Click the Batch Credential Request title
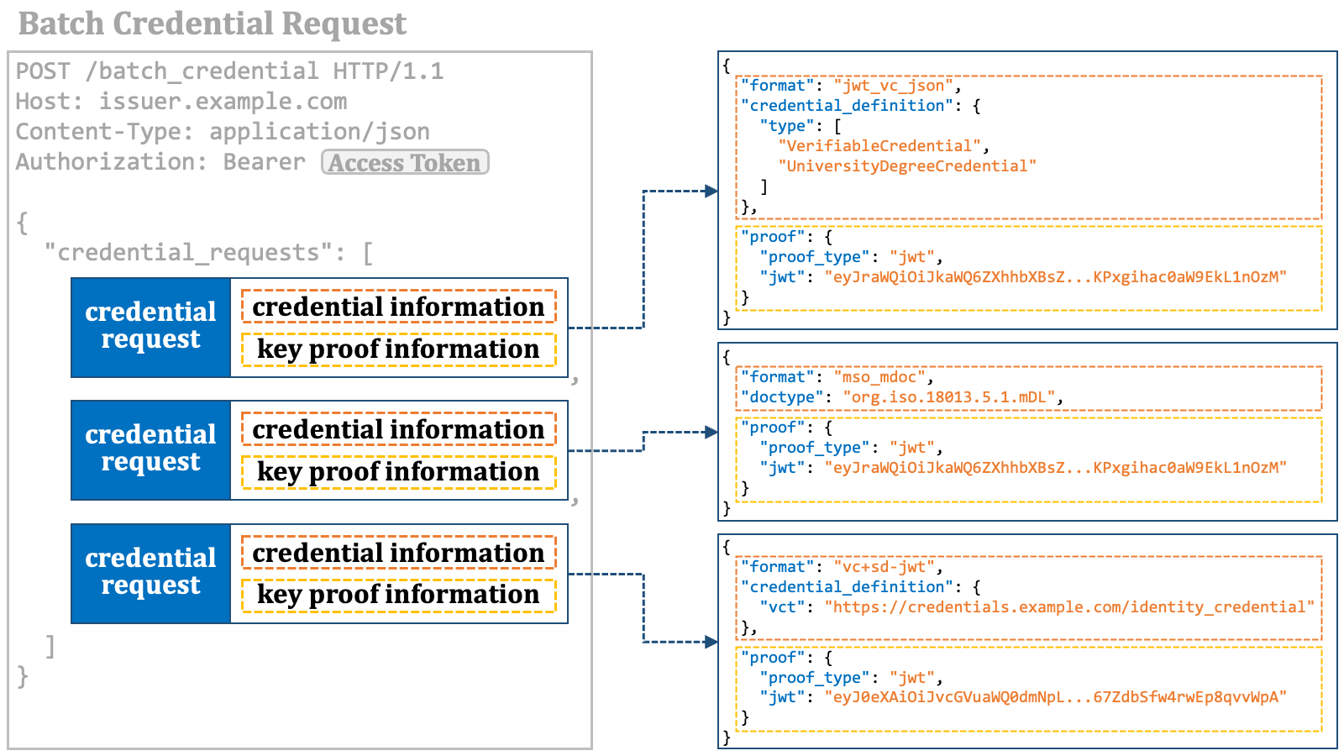(x=213, y=24)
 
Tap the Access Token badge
(x=405, y=163)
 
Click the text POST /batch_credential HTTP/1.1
(x=229, y=71)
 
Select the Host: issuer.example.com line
(x=181, y=102)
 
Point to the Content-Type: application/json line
(x=223, y=132)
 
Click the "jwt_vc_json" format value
(x=893, y=86)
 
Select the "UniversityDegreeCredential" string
(x=907, y=166)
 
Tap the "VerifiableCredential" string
(x=879, y=146)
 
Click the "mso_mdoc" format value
(x=879, y=377)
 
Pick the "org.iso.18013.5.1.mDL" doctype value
(x=948, y=397)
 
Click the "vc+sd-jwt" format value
(x=884, y=567)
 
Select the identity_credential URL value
(x=1069, y=607)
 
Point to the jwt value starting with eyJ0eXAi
(x=1055, y=697)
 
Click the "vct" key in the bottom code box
(x=782, y=607)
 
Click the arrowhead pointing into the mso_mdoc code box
(x=711, y=432)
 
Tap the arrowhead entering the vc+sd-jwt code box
(x=711, y=642)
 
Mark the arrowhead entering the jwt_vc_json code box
(x=711, y=192)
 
